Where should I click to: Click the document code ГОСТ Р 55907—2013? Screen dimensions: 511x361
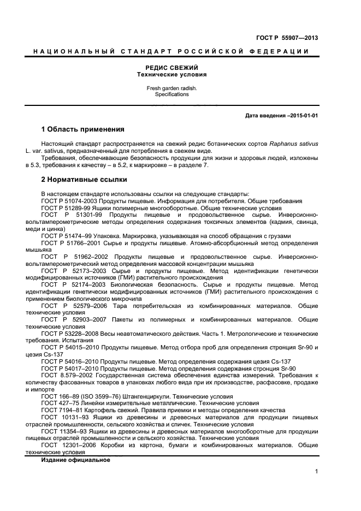click(287, 38)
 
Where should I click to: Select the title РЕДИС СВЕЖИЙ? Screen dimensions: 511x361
click(171, 67)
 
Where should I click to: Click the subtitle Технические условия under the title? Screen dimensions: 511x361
click(171, 74)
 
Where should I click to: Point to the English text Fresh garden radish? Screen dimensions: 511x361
click(171, 88)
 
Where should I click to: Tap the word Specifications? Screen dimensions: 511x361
click(171, 94)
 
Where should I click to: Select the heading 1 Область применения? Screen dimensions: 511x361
click(82, 130)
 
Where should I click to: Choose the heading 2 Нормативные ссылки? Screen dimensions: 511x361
click(84, 179)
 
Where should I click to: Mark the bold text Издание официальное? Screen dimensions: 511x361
click(75, 460)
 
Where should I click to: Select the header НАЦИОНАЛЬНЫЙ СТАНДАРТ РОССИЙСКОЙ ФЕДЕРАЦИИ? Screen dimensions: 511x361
click(171, 51)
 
